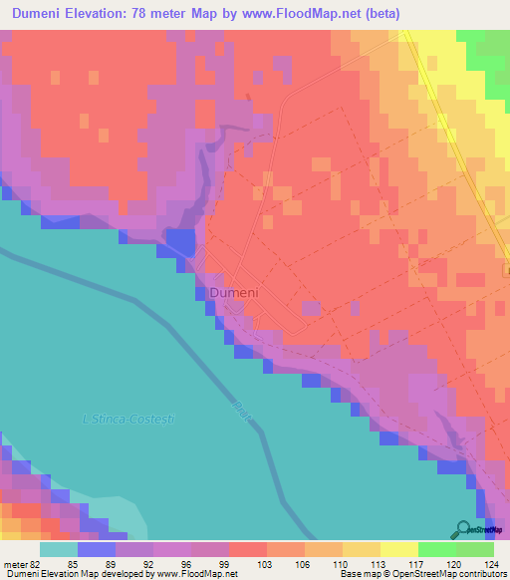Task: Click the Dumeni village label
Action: pos(235,293)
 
